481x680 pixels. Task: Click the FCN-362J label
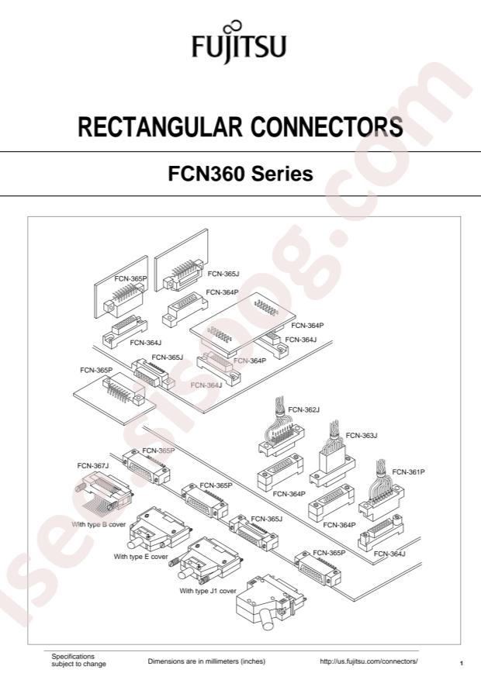(x=304, y=409)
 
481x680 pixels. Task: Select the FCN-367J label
(x=93, y=465)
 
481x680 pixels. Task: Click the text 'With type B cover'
(x=99, y=524)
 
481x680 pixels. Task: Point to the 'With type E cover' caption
(x=140, y=557)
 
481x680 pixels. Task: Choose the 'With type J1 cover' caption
(x=208, y=591)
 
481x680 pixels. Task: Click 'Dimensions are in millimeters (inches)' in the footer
(x=206, y=661)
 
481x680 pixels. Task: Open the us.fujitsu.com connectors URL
(x=369, y=661)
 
